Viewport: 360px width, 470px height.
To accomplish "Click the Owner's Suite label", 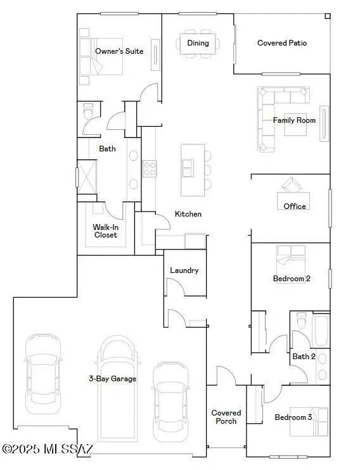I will click(x=119, y=51).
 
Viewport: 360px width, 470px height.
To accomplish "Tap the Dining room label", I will click(x=198, y=43).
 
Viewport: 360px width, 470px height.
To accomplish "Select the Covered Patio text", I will click(x=282, y=43).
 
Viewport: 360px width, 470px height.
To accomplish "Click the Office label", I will click(x=295, y=206).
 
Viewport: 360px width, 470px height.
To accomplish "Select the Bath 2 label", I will click(x=304, y=357).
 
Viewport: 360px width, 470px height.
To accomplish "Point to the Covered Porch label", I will click(x=226, y=417).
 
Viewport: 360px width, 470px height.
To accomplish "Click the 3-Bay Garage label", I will click(x=112, y=379).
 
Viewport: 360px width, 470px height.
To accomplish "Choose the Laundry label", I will click(x=184, y=270).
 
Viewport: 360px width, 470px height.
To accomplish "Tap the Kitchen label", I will click(x=188, y=214).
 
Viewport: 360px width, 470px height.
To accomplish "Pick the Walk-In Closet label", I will click(x=105, y=231).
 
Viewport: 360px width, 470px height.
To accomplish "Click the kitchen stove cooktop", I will click(x=150, y=168).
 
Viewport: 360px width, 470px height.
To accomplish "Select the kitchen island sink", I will click(x=188, y=167).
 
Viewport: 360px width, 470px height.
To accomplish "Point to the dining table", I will click(x=198, y=43).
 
